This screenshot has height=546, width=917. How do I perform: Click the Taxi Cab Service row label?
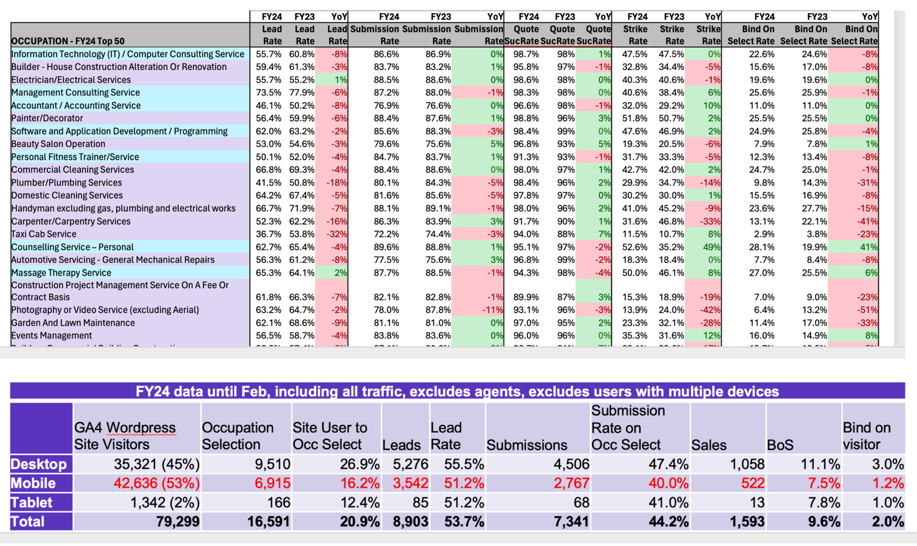coord(44,234)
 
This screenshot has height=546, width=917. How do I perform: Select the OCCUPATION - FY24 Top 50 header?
coord(68,41)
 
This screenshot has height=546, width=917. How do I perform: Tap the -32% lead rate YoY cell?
coord(337,234)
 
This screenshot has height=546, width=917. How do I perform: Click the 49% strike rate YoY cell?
coord(711,247)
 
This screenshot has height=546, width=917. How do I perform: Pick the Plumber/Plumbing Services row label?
coord(66,183)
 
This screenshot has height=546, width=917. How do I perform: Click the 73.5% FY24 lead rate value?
coord(269,93)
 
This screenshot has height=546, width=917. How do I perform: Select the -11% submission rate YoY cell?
coord(493,310)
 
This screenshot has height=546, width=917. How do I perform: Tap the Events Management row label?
coord(52,335)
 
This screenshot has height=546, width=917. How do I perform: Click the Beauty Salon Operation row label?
coord(58,144)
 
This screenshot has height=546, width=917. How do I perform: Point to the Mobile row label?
coord(33,483)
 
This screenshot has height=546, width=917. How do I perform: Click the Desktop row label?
coord(39,464)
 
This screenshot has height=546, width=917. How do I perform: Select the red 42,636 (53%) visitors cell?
coord(157,483)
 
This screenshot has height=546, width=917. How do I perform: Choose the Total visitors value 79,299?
coord(177,521)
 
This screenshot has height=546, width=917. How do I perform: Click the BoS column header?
coord(780,445)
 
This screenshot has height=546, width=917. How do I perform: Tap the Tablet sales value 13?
coord(757,502)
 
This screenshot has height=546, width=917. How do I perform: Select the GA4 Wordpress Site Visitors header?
coord(124,436)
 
